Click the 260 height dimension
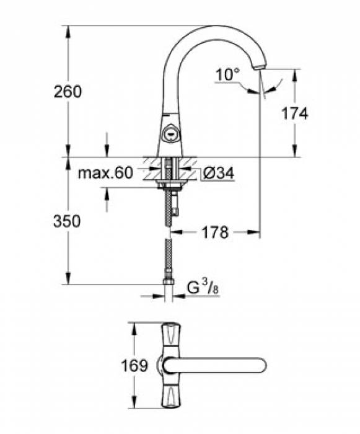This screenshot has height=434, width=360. click(68, 92)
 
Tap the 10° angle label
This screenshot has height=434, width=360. click(227, 75)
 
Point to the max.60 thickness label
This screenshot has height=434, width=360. click(105, 174)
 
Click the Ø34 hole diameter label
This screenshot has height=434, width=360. click(217, 174)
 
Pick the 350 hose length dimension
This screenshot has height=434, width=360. click(68, 221)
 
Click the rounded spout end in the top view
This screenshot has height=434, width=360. click(263, 365)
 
